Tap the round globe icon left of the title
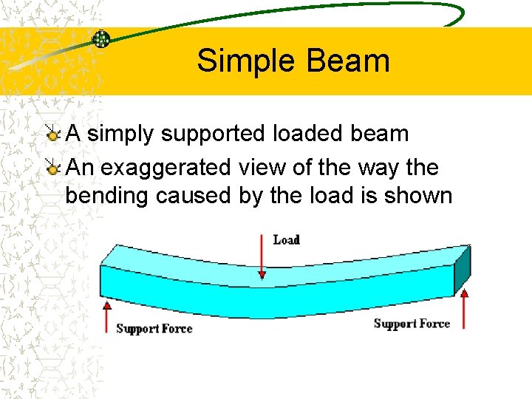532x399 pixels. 101,39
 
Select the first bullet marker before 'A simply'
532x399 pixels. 52,134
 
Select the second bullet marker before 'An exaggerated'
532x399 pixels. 52,168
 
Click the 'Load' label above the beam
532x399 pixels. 286,239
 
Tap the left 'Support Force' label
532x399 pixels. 154,329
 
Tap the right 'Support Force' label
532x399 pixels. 412,324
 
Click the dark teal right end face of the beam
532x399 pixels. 462,270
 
